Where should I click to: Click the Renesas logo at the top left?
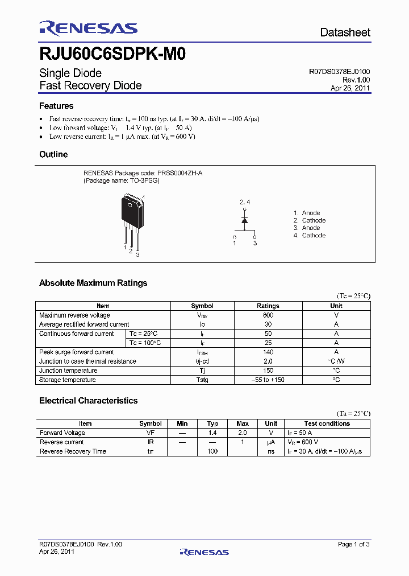(x=88, y=28)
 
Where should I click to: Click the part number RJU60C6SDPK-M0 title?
(x=112, y=54)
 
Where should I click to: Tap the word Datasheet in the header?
(x=345, y=32)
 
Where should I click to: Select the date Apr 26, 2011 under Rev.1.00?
(x=350, y=88)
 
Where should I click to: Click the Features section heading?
(x=56, y=106)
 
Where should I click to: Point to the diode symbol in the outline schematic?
(x=244, y=220)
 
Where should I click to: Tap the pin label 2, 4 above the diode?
(x=244, y=202)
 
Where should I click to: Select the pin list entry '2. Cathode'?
(x=310, y=220)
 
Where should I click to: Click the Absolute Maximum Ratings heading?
(x=93, y=283)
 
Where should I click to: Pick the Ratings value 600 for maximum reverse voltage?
(x=268, y=315)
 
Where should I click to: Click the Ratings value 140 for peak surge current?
(x=268, y=352)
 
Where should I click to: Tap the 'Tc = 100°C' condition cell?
(x=145, y=343)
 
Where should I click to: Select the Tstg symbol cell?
(x=202, y=380)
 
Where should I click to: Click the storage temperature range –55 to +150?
(x=268, y=380)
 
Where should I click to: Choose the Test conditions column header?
(x=327, y=423)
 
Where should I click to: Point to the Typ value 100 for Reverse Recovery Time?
(x=212, y=451)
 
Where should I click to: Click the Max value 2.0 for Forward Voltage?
(x=243, y=433)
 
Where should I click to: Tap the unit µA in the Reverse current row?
(x=272, y=442)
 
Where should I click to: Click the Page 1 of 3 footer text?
(x=353, y=544)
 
